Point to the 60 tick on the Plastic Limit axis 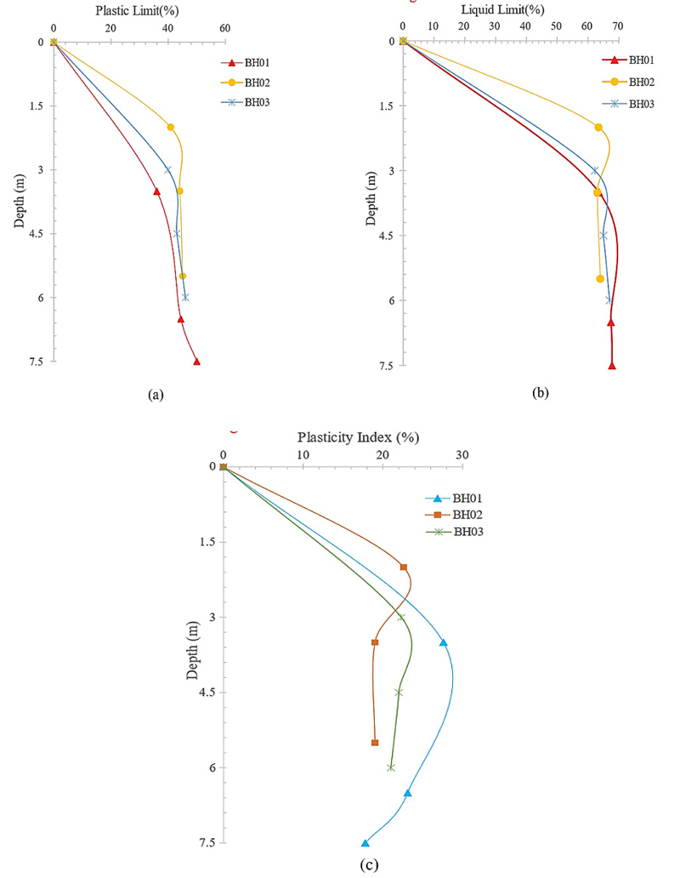point(225,28)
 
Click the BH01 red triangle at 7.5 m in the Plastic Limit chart point(197,362)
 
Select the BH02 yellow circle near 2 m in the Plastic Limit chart point(171,128)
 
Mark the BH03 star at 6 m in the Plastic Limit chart point(185,297)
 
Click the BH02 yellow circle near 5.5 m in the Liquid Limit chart point(600,279)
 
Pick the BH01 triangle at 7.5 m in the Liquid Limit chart point(612,366)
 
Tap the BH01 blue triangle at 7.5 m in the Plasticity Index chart point(365,843)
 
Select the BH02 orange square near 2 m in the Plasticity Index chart point(404,567)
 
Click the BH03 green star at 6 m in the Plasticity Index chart point(391,767)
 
